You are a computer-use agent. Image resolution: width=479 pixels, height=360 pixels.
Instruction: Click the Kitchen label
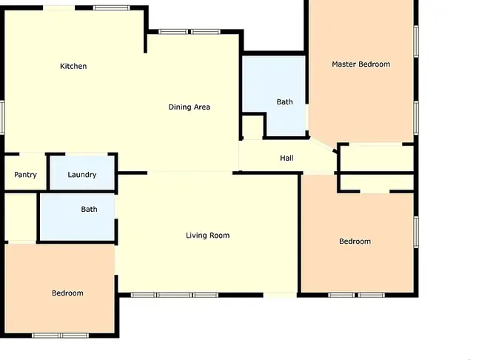[x=73, y=66]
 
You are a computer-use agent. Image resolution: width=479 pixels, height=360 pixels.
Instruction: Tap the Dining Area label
[x=190, y=107]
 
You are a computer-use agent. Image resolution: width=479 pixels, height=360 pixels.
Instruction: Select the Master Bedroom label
[x=361, y=64]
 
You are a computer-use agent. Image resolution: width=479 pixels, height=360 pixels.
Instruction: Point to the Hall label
[x=287, y=158]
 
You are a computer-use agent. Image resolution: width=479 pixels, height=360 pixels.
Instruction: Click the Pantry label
[x=25, y=175]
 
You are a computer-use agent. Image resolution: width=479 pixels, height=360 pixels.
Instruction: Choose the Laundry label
[x=82, y=175]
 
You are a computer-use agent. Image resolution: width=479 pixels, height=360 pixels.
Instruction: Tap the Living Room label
[x=208, y=236]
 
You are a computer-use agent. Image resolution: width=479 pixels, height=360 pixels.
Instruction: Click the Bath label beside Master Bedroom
[x=285, y=101]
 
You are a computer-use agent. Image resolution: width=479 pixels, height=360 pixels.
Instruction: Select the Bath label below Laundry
[x=89, y=210]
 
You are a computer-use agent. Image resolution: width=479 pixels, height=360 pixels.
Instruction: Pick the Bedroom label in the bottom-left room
[x=67, y=293]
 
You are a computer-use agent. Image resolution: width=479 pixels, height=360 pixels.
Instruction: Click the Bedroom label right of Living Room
[x=355, y=241]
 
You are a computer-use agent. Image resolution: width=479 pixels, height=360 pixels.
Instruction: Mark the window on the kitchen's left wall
[x=1, y=117]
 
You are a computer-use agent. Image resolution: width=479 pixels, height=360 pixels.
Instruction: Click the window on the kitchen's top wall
[x=112, y=7]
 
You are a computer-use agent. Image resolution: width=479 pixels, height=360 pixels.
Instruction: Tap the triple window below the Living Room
[x=175, y=295]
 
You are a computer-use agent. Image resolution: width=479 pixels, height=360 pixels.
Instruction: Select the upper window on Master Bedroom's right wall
[x=416, y=41]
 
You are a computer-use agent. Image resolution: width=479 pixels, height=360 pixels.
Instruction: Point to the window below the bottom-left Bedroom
[x=61, y=336]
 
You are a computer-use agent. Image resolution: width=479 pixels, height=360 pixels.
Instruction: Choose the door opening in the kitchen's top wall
[x=59, y=8]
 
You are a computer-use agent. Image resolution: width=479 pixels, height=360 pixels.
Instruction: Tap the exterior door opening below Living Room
[x=280, y=295]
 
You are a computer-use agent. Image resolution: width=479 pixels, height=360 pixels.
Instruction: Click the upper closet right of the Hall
[x=377, y=159]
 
